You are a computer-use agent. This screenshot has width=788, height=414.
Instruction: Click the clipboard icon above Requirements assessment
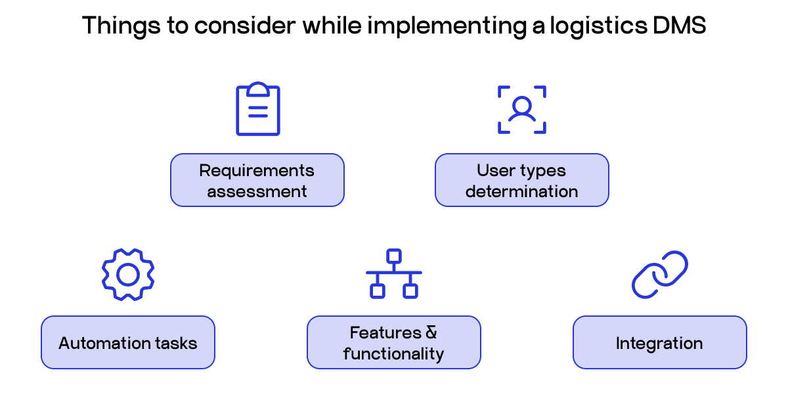[257, 110]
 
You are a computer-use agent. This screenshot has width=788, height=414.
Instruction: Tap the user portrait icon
[522, 109]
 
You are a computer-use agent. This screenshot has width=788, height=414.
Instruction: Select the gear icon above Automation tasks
[127, 275]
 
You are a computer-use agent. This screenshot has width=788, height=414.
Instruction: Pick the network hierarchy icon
[393, 274]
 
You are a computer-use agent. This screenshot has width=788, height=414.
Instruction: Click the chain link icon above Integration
[659, 274]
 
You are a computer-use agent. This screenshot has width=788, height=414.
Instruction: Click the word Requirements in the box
[257, 171]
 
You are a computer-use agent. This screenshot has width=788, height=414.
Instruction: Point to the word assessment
[257, 192]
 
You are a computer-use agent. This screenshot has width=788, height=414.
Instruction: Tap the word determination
[522, 192]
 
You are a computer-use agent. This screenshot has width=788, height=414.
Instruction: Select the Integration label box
[659, 342]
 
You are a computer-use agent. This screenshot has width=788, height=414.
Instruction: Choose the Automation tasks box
[127, 342]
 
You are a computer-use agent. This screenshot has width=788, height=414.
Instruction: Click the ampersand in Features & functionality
[431, 333]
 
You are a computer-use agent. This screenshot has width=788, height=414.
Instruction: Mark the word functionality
[393, 354]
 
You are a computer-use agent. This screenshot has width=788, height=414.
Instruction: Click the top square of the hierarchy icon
[393, 256]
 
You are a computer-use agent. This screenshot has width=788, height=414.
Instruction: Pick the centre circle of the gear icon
[127, 275]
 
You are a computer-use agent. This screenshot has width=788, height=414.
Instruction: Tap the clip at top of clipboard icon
[257, 89]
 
